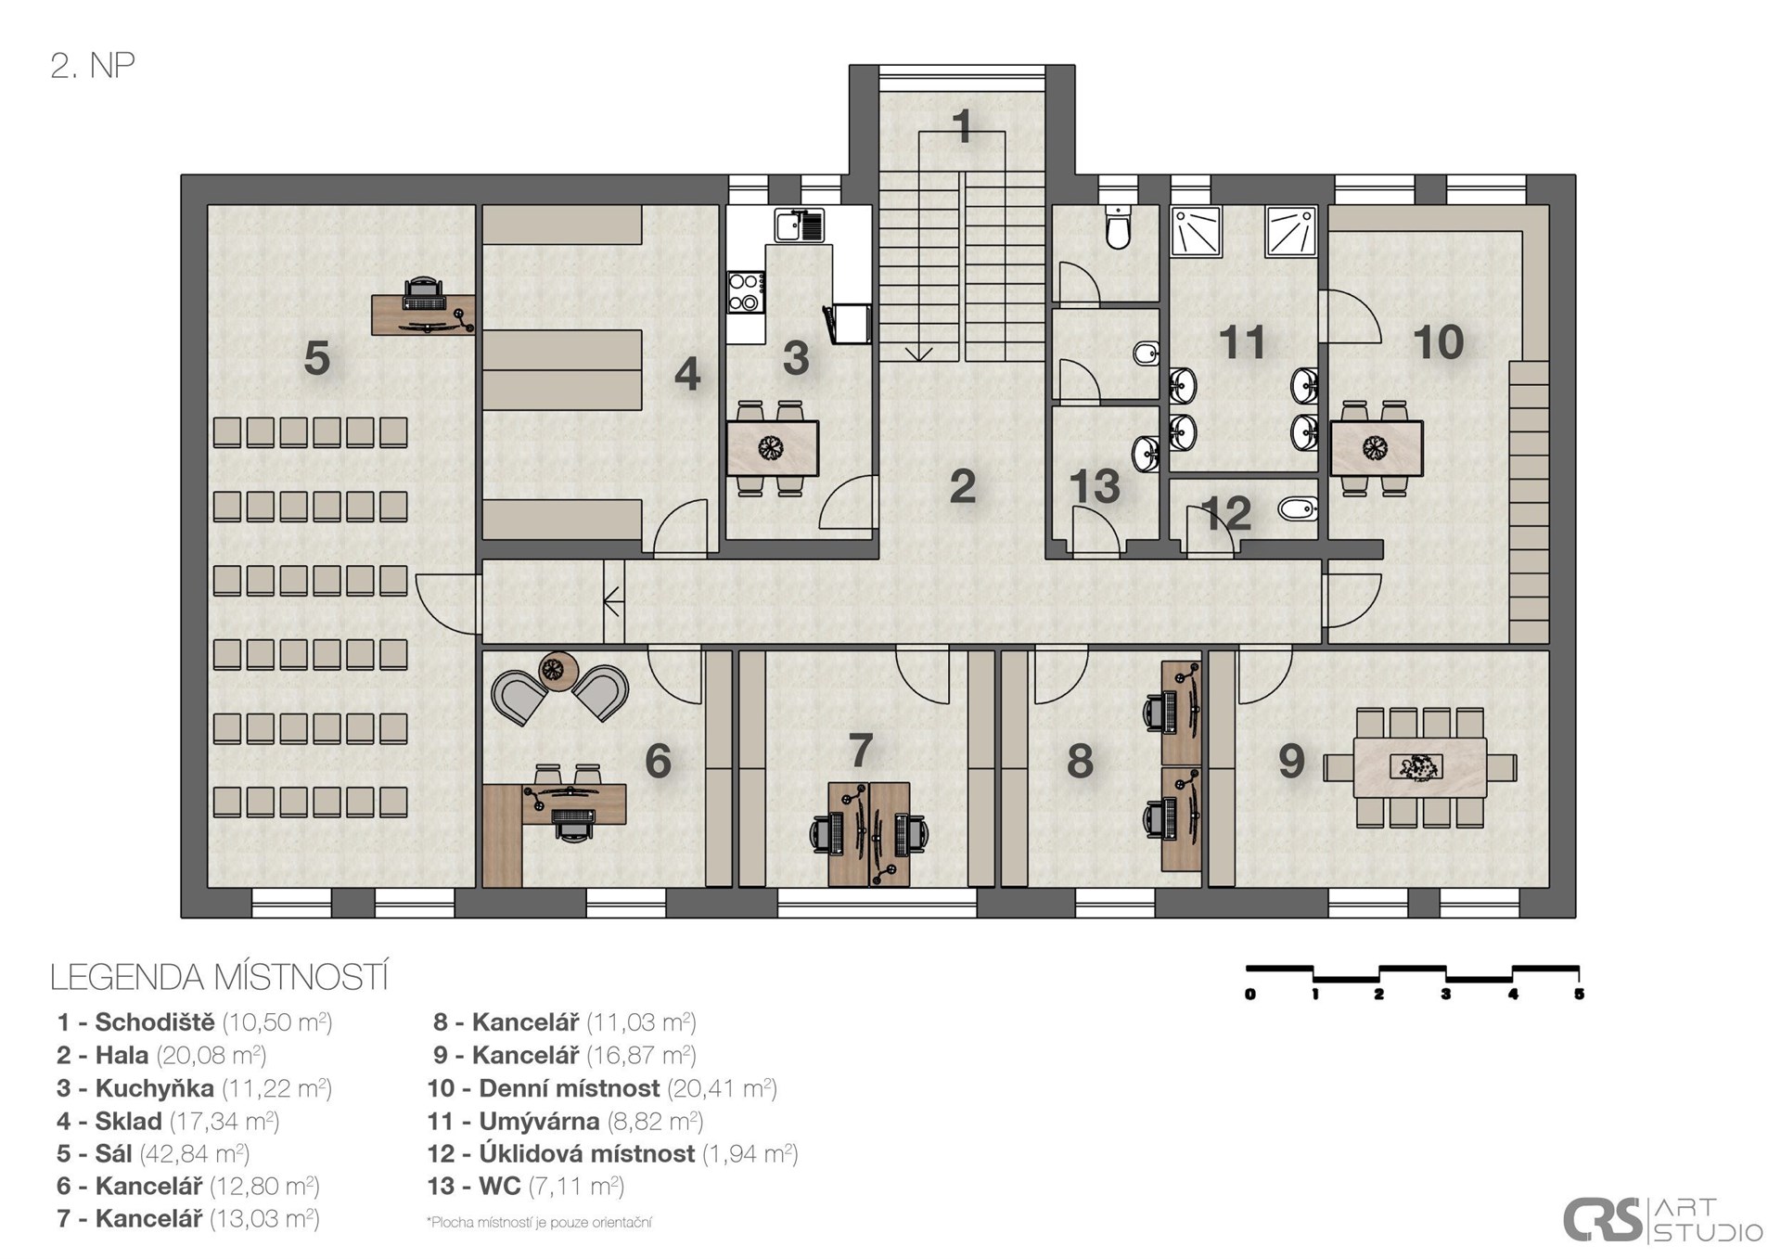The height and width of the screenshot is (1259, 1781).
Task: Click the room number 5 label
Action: [x=316, y=358]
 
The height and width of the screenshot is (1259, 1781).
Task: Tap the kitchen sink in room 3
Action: [x=800, y=225]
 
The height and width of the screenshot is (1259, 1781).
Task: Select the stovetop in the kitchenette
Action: [x=746, y=291]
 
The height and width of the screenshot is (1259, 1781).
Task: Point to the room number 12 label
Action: [x=1225, y=512]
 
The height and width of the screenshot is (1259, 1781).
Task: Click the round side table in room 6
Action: [x=557, y=671]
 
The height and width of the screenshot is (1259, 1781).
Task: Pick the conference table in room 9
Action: [x=1419, y=767]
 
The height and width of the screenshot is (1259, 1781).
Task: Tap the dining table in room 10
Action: [x=1377, y=449]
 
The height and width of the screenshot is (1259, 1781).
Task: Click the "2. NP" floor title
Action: [x=93, y=66]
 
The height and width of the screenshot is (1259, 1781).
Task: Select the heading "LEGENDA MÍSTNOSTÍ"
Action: [x=219, y=978]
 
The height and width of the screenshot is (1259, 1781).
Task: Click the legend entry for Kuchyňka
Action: [x=194, y=1087]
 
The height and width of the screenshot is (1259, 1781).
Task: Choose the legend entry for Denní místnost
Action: [x=602, y=1087]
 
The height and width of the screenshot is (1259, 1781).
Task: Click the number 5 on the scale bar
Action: [x=1579, y=995]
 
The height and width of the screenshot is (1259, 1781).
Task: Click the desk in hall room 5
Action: [x=423, y=314]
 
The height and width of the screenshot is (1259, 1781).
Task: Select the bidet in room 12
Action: [x=1297, y=508]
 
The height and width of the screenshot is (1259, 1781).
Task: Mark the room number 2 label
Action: [x=963, y=486]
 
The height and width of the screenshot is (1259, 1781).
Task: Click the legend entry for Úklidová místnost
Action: [x=612, y=1153]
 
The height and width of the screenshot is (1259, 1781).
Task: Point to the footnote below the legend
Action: [x=539, y=1222]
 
